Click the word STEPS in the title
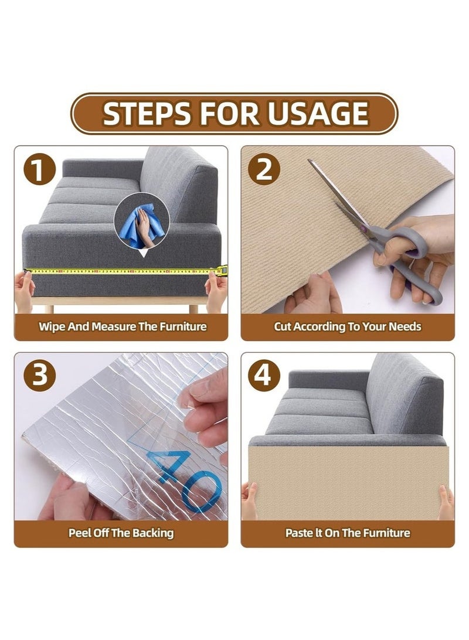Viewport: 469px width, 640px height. (x=147, y=114)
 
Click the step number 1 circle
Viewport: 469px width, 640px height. (x=40, y=170)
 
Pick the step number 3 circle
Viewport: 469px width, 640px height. (x=40, y=376)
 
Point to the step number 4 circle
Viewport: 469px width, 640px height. (x=264, y=376)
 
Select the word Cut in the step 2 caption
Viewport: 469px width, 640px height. (x=283, y=326)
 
